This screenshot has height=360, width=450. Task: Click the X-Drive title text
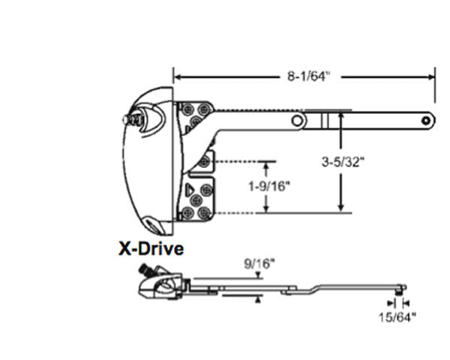(x=151, y=247)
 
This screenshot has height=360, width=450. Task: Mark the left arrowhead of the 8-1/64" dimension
(x=178, y=76)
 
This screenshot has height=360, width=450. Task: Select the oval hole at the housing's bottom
(x=153, y=223)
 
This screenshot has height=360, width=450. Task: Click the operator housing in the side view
(x=162, y=285)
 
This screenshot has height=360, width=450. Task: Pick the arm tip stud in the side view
(x=402, y=288)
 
